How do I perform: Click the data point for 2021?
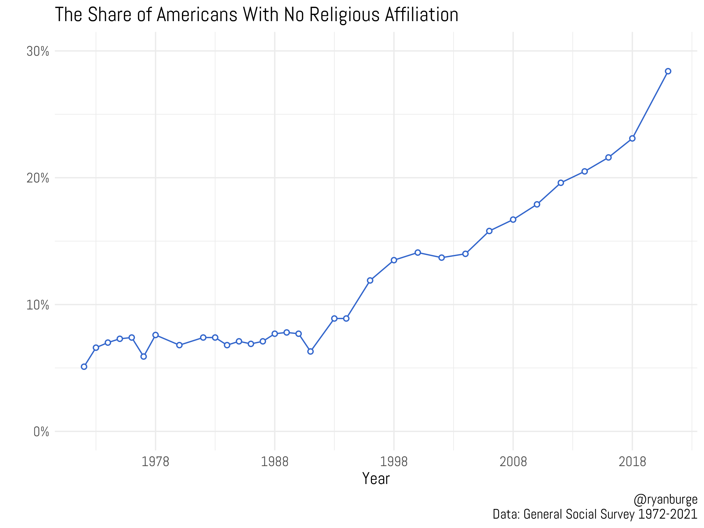tap(668, 71)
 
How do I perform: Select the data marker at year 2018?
tap(632, 138)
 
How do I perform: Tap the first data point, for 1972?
tap(84, 367)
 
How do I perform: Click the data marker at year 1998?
tap(394, 260)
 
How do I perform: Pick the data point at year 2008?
tap(513, 220)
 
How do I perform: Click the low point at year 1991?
tap(311, 351)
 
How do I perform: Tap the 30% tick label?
tap(38, 51)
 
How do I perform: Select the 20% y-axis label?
tap(38, 178)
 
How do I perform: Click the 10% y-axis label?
tap(38, 305)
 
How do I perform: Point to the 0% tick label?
tap(41, 432)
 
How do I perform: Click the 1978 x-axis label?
tap(155, 461)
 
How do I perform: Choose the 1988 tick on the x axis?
tap(275, 461)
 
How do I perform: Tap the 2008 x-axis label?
tap(513, 461)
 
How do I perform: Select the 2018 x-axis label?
tap(632, 461)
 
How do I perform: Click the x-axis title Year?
tap(376, 479)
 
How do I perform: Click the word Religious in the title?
tap(344, 15)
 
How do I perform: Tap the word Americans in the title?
tap(197, 15)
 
